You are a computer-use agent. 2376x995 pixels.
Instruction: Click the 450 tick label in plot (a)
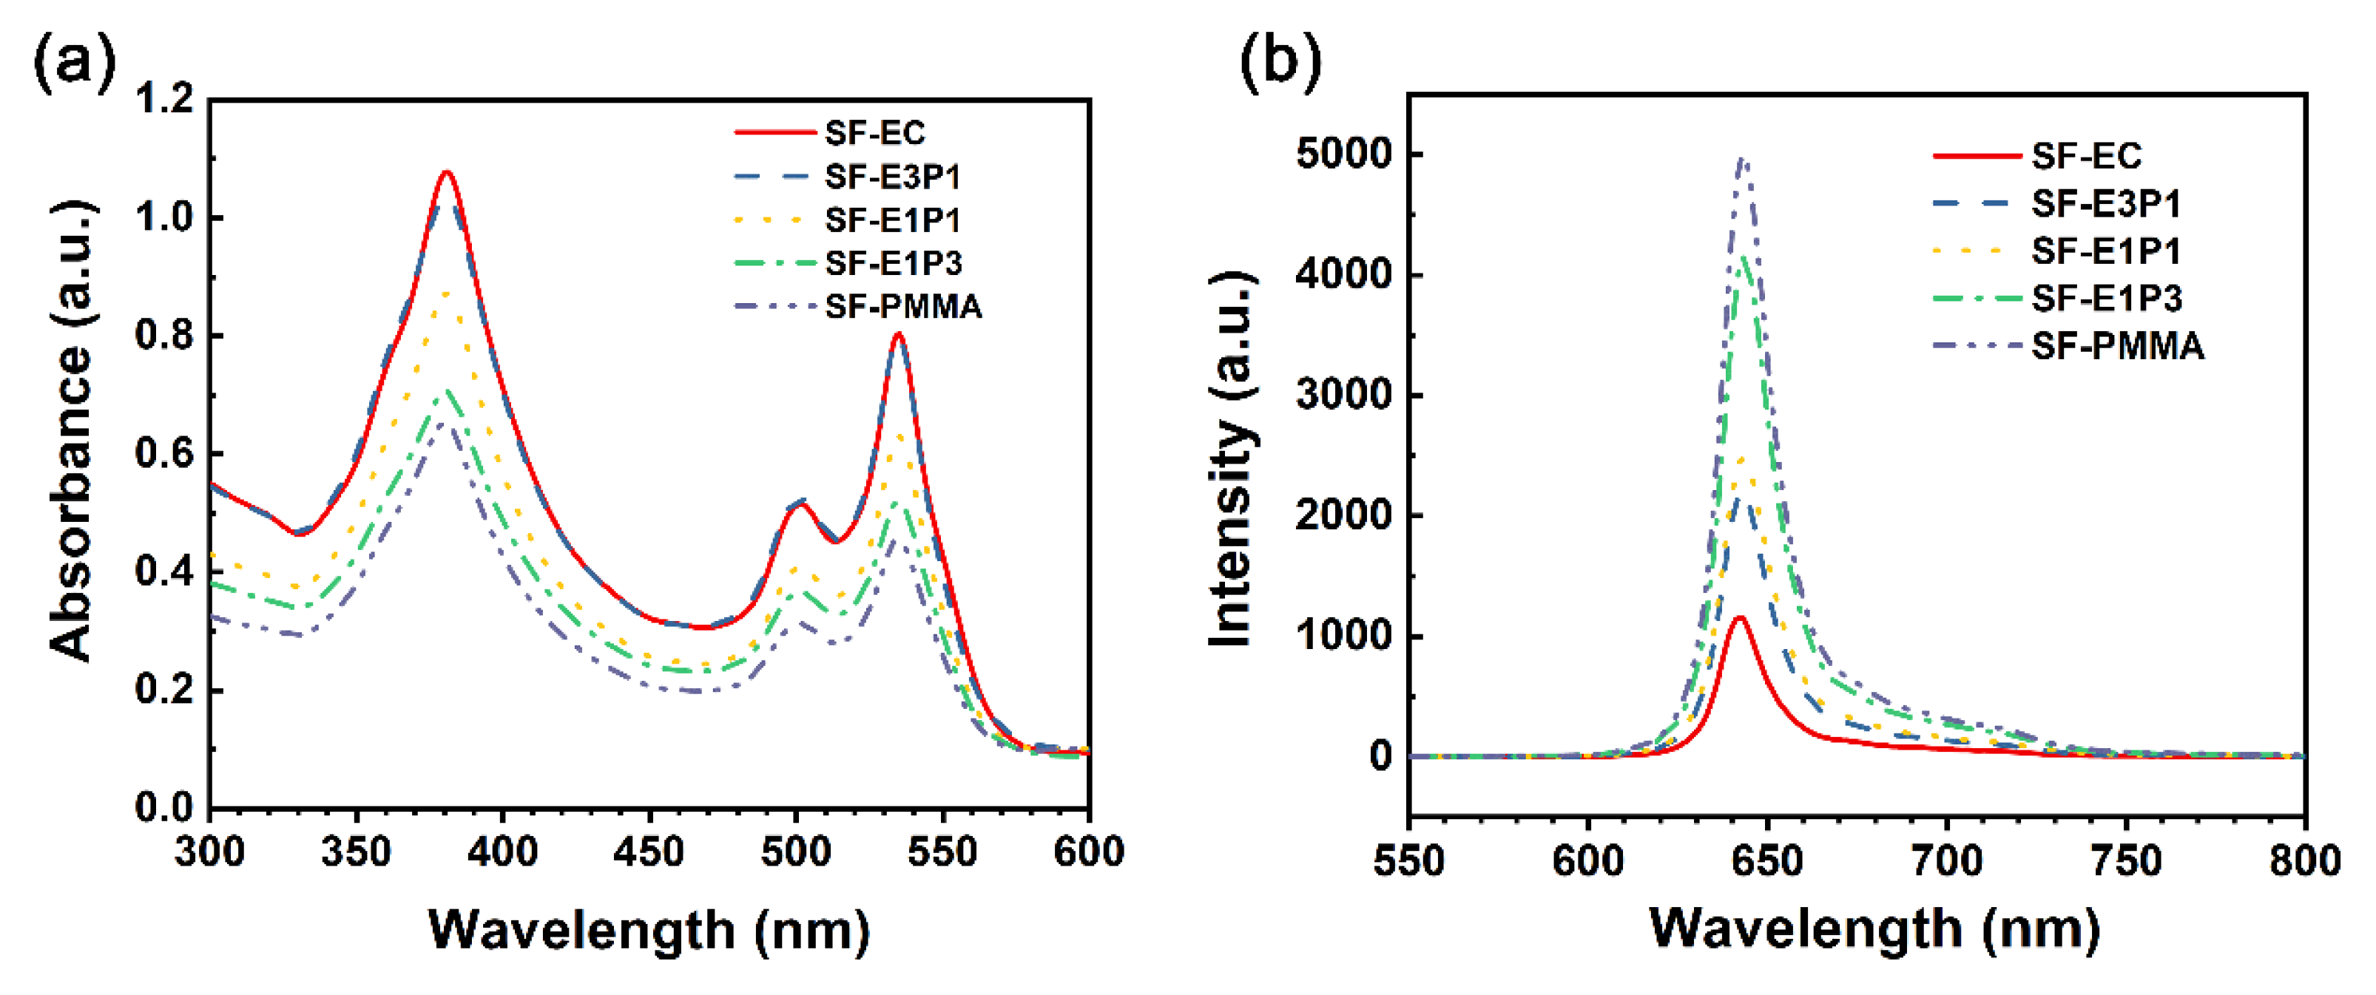(x=649, y=850)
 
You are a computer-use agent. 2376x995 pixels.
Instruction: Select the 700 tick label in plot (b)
(x=1946, y=860)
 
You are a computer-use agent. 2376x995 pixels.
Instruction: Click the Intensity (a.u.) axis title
(x=1232, y=458)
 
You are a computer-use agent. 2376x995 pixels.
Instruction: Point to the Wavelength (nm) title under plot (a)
(x=649, y=929)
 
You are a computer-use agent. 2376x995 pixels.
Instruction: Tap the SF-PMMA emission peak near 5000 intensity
(x=1742, y=160)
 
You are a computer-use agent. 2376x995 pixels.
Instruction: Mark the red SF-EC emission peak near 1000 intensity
(x=1741, y=618)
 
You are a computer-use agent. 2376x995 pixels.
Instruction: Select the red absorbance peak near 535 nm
(x=898, y=335)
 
